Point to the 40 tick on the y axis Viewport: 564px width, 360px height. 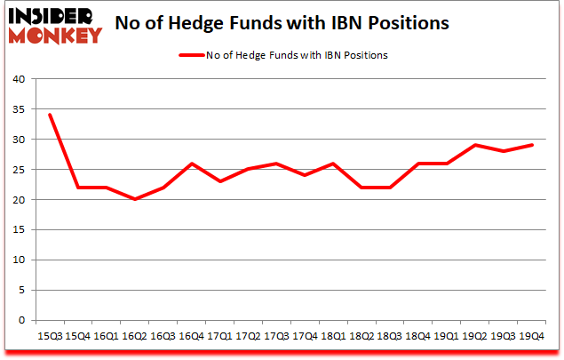(19, 79)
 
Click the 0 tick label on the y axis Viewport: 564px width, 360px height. (22, 321)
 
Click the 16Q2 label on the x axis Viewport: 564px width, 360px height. (134, 336)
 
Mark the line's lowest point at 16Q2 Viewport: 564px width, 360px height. (134, 199)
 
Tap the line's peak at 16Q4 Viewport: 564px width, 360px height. (192, 164)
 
